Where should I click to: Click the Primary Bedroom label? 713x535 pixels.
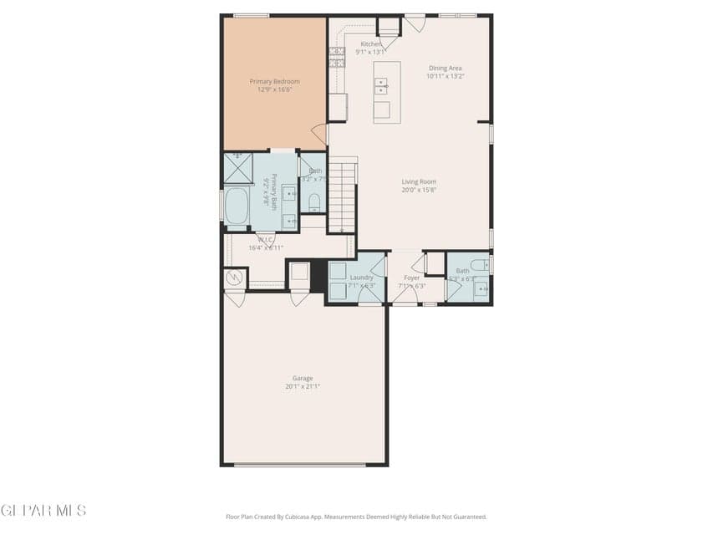(274, 82)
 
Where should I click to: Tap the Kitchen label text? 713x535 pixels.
(370, 44)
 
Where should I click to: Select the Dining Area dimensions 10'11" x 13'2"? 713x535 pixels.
(445, 76)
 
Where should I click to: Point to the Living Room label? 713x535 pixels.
(419, 181)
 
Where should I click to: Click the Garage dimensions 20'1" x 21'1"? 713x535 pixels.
(303, 386)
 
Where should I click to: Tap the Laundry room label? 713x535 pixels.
(361, 278)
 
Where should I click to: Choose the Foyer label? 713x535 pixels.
(412, 278)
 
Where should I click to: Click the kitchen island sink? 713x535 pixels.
(381, 85)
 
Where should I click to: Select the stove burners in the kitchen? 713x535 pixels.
(339, 56)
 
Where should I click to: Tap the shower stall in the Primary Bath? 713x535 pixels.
(237, 168)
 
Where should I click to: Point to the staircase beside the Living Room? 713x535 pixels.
(342, 196)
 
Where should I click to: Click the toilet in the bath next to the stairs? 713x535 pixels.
(314, 203)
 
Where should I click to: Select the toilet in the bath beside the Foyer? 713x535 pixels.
(479, 267)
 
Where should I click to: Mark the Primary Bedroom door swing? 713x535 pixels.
(319, 134)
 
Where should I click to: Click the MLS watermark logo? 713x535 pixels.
(43, 510)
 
